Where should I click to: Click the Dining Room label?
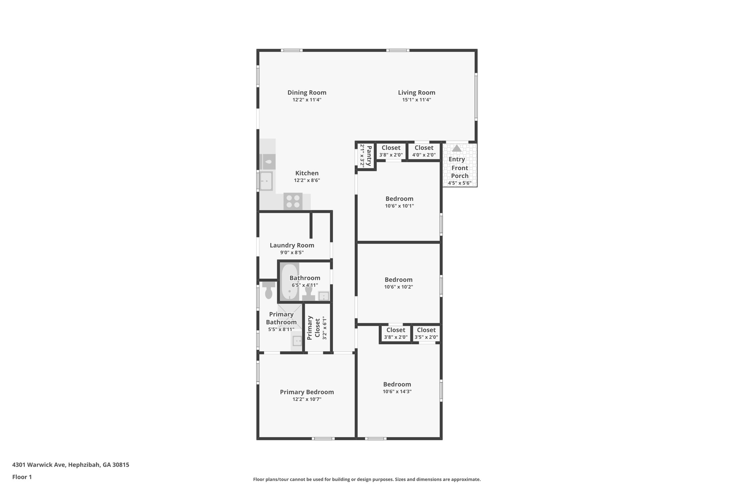[x=307, y=92]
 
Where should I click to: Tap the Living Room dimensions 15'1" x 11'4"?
[x=416, y=100]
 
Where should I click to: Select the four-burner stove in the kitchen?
[x=293, y=201]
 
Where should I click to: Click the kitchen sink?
[x=266, y=181]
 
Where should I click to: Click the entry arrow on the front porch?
[x=456, y=148]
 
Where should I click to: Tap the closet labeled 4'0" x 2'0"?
[x=424, y=151]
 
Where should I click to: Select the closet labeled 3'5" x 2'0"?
[x=426, y=333]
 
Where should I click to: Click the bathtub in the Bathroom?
[x=289, y=282]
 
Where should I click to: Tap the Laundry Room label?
[x=292, y=245]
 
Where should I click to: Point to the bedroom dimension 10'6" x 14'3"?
[x=397, y=392]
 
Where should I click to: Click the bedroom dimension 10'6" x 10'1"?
[x=400, y=206]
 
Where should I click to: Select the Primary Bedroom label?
[x=307, y=392]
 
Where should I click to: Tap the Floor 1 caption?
[x=22, y=477]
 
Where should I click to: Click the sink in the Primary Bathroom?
[x=297, y=341]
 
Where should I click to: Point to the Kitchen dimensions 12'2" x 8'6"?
[x=307, y=181]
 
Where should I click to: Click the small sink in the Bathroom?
[x=323, y=296]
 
